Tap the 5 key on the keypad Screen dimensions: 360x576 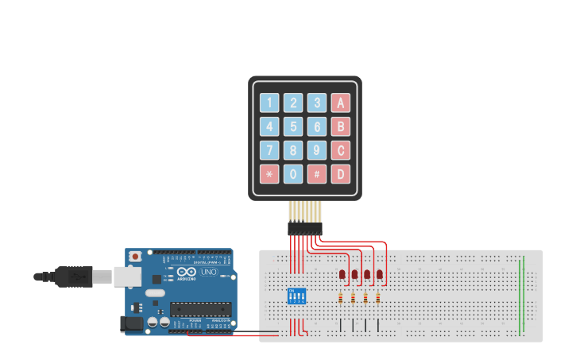point(293,126)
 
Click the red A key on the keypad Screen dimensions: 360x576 point(341,103)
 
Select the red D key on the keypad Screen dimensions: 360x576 point(341,174)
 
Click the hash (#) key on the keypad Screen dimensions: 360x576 point(317,174)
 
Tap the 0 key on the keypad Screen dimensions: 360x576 point(293,174)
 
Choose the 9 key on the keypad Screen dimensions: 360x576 point(317,150)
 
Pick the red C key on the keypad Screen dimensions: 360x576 point(341,150)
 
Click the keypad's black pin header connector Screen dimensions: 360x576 point(304,228)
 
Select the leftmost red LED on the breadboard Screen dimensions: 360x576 point(342,274)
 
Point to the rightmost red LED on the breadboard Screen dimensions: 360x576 point(380,274)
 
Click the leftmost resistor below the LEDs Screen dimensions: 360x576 point(341,299)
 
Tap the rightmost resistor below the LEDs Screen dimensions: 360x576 point(377,299)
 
